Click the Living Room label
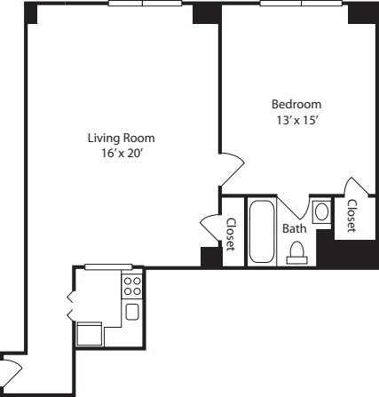tap(121, 138)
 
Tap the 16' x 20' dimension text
tap(121, 153)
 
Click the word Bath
tap(294, 229)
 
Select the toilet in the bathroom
tap(297, 252)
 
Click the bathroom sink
tap(322, 213)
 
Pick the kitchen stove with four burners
tap(131, 286)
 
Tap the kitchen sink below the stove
tap(131, 311)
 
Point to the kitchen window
tap(108, 266)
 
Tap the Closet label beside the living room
tap(231, 234)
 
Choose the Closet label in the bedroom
tap(351, 216)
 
